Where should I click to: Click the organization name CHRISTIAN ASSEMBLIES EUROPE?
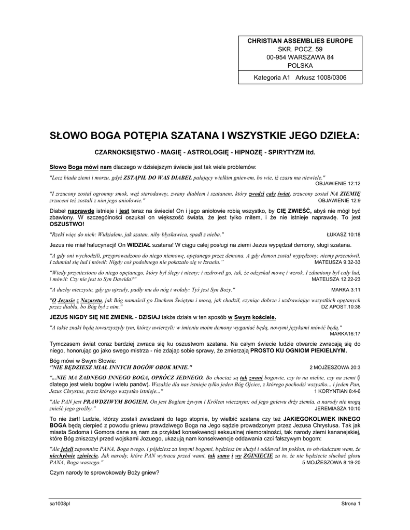point(300,40)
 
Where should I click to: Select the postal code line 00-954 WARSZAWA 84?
point(300,57)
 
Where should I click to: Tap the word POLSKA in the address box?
point(300,66)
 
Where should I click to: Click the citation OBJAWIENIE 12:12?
point(337,184)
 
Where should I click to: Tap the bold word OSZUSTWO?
point(66,225)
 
